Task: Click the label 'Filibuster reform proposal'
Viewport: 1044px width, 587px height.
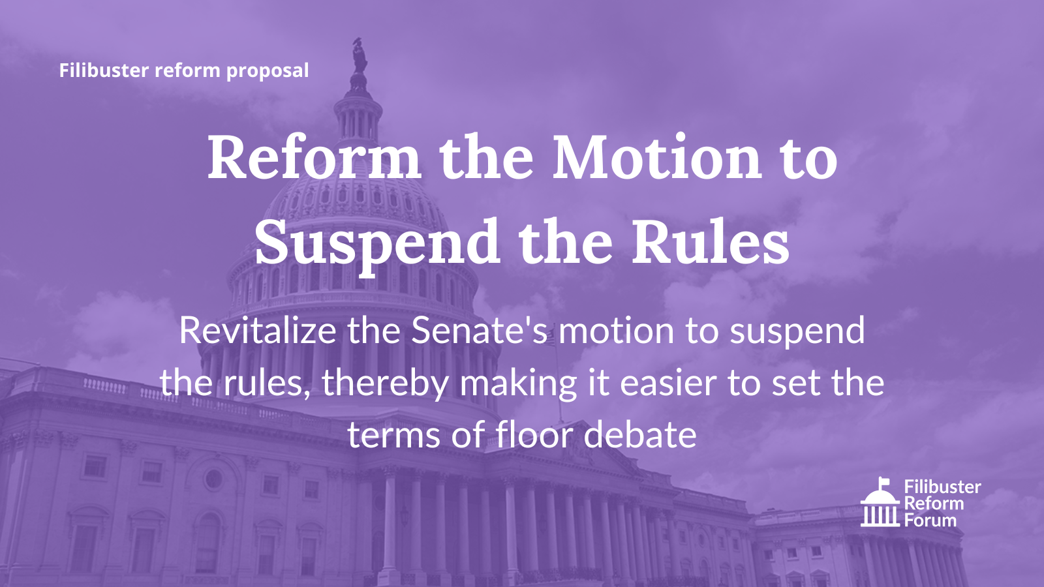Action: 183,71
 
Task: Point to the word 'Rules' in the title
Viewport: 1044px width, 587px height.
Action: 711,242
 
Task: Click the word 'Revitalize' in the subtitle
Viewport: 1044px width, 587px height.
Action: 258,330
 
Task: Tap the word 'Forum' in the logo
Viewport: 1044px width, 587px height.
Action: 930,520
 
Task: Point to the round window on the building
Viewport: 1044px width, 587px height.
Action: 213,479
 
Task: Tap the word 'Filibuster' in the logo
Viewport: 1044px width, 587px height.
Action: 943,487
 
